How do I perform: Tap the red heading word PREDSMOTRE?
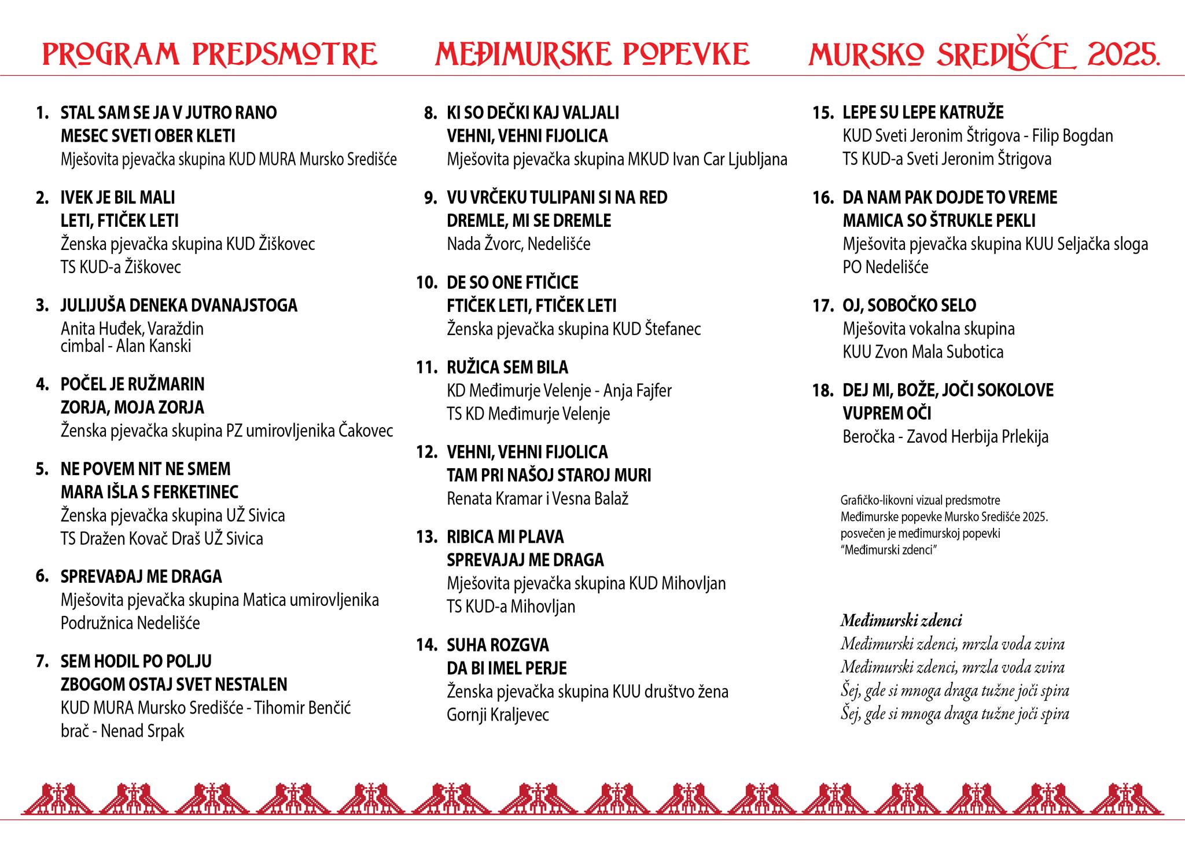coord(284,54)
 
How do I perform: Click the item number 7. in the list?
coord(43,661)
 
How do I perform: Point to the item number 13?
coord(426,537)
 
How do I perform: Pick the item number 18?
coord(823,390)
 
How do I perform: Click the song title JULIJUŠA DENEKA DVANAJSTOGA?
coord(179,305)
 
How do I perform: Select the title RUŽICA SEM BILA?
coord(507,367)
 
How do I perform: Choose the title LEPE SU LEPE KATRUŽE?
coord(923,112)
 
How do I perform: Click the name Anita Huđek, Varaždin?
coord(132,329)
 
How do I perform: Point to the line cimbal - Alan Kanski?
coord(126,346)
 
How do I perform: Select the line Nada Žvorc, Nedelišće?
coord(518,244)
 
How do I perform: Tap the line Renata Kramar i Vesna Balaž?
coord(538,498)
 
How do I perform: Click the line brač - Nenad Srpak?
coord(122,731)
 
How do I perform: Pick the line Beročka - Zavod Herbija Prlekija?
coord(945,436)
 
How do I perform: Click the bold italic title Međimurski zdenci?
coord(901,621)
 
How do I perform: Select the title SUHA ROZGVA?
coord(498,645)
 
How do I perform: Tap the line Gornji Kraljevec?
coord(498,715)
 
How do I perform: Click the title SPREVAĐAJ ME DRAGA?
coord(141,576)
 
